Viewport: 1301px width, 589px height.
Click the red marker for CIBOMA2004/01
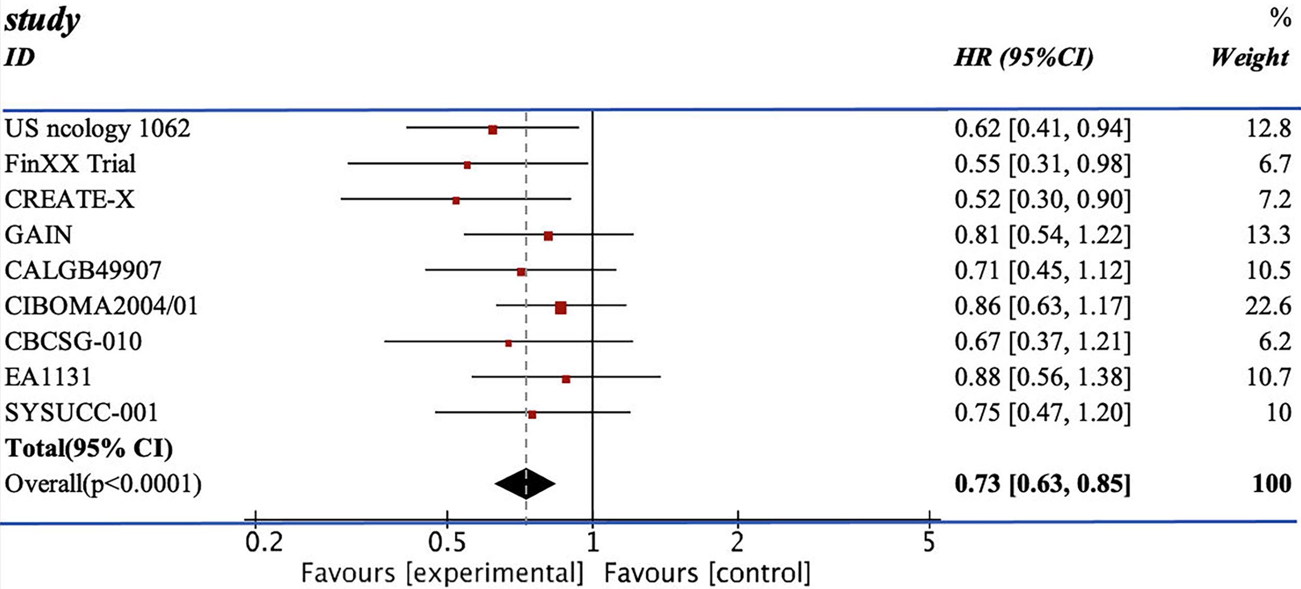pyautogui.click(x=560, y=308)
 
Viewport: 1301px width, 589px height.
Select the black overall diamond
pyautogui.click(x=526, y=484)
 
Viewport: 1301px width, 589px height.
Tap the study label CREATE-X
pyautogui.click(x=69, y=199)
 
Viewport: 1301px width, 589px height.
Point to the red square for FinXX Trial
pyautogui.click(x=467, y=165)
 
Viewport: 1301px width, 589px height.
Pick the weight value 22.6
pyautogui.click(x=1268, y=306)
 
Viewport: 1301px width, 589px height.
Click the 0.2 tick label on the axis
pyautogui.click(x=264, y=542)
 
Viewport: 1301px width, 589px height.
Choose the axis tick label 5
pyautogui.click(x=929, y=542)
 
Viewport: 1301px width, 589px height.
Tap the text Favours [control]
pyautogui.click(x=707, y=573)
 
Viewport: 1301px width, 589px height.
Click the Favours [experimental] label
pyautogui.click(x=442, y=573)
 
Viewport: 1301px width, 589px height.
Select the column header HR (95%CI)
pyautogui.click(x=1024, y=57)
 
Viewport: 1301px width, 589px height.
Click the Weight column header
pyautogui.click(x=1250, y=57)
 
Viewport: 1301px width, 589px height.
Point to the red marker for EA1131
pyautogui.click(x=566, y=379)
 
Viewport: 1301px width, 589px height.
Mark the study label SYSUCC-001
pyautogui.click(x=81, y=412)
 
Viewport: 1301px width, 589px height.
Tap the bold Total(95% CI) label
pyautogui.click(x=88, y=448)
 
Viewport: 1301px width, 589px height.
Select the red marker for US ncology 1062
pyautogui.click(x=492, y=130)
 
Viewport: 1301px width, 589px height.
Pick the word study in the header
pyautogui.click(x=42, y=21)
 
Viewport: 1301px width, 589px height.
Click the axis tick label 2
pyautogui.click(x=737, y=542)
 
